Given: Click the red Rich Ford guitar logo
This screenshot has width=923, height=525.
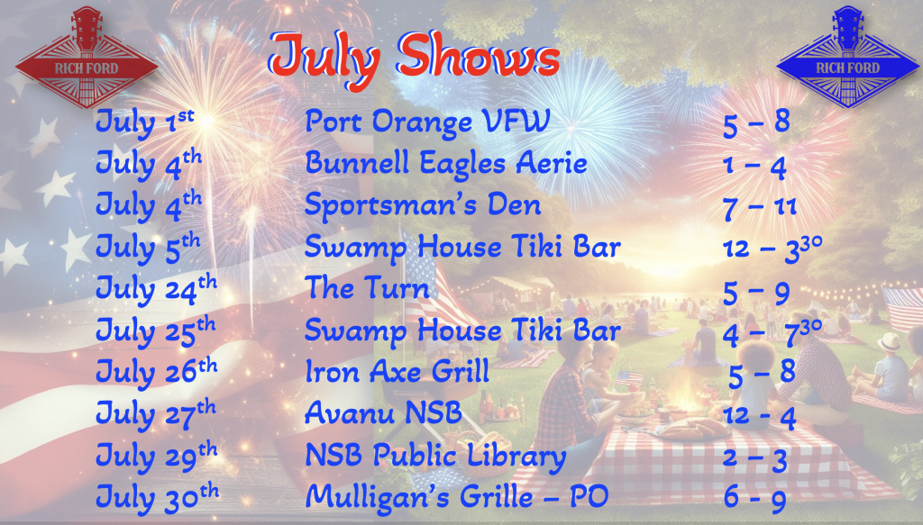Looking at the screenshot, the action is coord(87,58).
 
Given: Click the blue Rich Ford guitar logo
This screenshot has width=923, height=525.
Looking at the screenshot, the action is coord(847,58).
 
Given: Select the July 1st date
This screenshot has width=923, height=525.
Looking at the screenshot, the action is coord(145,122).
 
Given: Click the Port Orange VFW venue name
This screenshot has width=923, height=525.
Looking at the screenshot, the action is coord(427,122).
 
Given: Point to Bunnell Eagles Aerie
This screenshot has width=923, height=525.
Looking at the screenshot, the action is coord(445,163).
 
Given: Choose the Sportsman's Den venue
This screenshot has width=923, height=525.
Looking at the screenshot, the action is coord(422,205).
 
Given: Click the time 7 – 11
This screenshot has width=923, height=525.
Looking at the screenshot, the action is coord(759,207).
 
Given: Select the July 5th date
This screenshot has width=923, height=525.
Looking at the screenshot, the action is coord(148,247).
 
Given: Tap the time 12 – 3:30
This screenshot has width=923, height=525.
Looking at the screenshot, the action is coord(772,247).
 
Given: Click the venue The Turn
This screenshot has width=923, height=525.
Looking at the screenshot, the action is coord(367,288).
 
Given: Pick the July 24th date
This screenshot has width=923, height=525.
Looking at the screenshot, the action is coord(156,289).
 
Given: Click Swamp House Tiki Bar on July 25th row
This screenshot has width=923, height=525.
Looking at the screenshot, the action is coord(462,330).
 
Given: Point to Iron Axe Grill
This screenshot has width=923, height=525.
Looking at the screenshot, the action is coord(398,372).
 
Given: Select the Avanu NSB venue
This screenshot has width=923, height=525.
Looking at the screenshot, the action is coord(383,412).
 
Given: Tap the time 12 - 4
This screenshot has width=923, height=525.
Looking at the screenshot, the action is coord(759,416).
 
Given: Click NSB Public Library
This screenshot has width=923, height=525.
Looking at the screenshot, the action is coord(435,456).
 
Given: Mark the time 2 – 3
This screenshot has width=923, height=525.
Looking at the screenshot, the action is coord(754,458).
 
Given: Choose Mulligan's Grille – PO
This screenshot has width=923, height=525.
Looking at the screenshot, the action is coord(457,497).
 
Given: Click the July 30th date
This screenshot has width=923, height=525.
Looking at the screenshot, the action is coord(157,497).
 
